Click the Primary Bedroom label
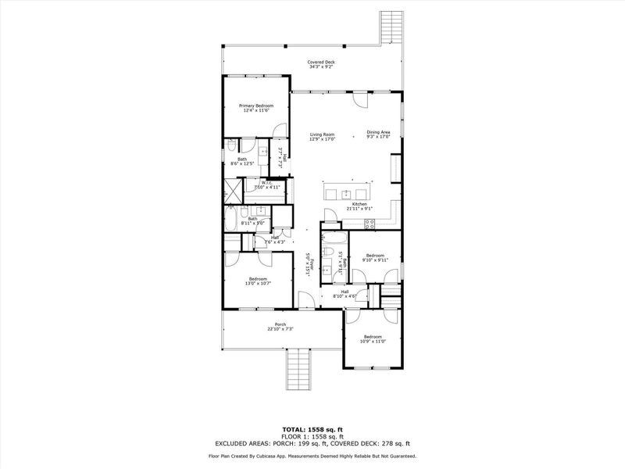[x=256, y=106]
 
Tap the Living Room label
[x=321, y=134]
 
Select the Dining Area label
[x=378, y=132]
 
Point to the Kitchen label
[x=359, y=204]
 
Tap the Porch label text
[x=280, y=324]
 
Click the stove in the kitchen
[x=371, y=223]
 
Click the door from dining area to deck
[x=361, y=100]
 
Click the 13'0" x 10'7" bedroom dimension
[x=258, y=284]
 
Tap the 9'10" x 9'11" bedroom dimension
[x=376, y=260]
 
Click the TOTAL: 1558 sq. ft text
[x=312, y=430]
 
